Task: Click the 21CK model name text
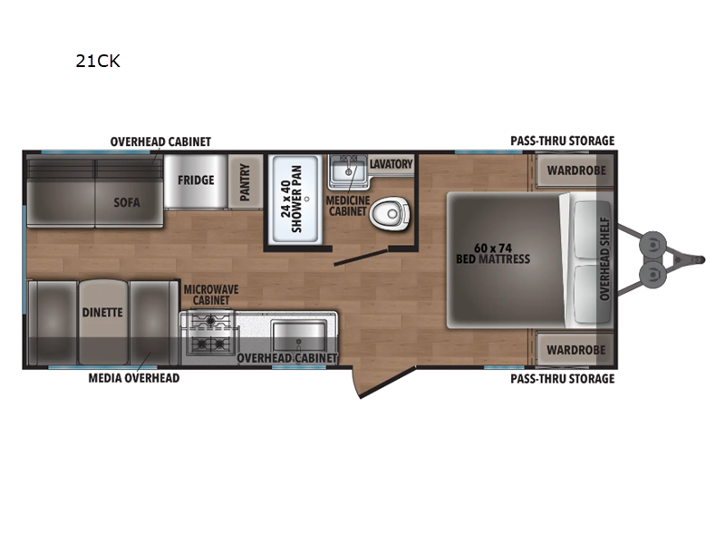coord(98,61)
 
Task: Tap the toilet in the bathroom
coord(391,214)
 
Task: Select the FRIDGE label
coord(196,180)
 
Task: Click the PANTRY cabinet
coord(246,182)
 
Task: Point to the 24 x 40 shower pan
coord(296,199)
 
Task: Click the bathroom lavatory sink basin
coord(349,172)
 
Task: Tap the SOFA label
coord(127,202)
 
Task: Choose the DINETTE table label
coord(102,313)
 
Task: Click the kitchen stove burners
coord(211,333)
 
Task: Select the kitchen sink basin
coord(300,336)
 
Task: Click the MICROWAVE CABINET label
coord(211,295)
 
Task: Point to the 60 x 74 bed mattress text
coord(493,254)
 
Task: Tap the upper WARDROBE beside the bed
coord(576,170)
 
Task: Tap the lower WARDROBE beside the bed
coord(576,350)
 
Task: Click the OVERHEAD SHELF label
coord(604,258)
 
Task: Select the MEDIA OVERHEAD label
coord(134,378)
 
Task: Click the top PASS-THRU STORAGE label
coord(563,141)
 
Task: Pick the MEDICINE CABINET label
coord(348,206)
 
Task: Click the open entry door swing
coord(384,381)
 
